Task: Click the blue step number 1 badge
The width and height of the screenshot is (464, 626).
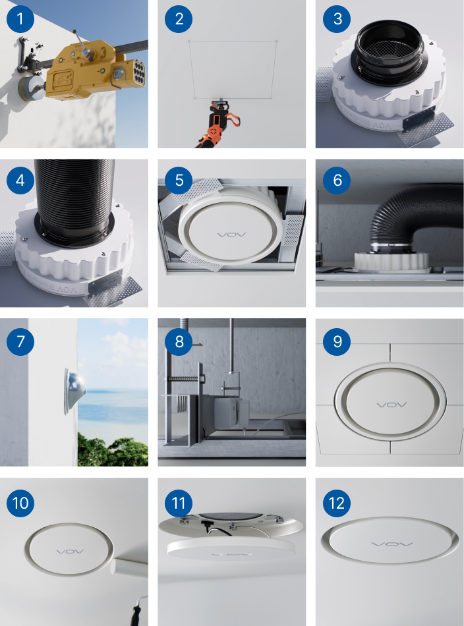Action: pyautogui.click(x=20, y=18)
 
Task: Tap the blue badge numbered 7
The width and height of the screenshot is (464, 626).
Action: pyautogui.click(x=20, y=342)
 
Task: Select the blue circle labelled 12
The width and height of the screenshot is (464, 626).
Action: pyautogui.click(x=337, y=503)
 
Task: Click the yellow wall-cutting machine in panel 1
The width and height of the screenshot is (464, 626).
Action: pyautogui.click(x=95, y=73)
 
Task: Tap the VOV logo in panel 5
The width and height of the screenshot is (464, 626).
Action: pyautogui.click(x=231, y=235)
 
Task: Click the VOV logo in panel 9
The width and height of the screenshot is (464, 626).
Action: pyautogui.click(x=391, y=405)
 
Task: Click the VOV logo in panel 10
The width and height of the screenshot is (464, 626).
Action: pyautogui.click(x=71, y=552)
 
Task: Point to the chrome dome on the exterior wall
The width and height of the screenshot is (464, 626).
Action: pyautogui.click(x=74, y=391)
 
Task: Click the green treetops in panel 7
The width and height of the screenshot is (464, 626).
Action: pyautogui.click(x=113, y=451)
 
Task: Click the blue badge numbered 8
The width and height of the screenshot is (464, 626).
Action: pyautogui.click(x=179, y=342)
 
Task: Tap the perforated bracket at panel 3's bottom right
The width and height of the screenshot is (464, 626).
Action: pyautogui.click(x=426, y=128)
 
